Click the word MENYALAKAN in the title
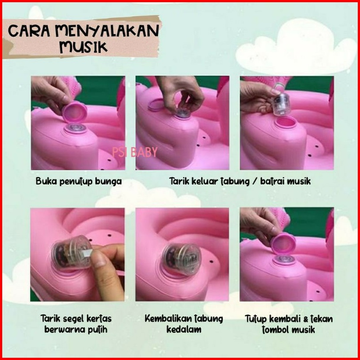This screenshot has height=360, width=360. tap(107, 31)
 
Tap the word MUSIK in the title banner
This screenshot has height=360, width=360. tap(84, 47)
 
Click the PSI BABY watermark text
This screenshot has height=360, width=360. tap(135, 152)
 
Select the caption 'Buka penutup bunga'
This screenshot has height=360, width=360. tap(79, 181)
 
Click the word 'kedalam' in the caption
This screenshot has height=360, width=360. tap(184, 329)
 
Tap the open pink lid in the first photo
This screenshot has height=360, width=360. tap(74, 112)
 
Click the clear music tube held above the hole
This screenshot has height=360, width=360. tap(281, 104)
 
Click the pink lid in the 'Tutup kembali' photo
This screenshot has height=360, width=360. tap(283, 243)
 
